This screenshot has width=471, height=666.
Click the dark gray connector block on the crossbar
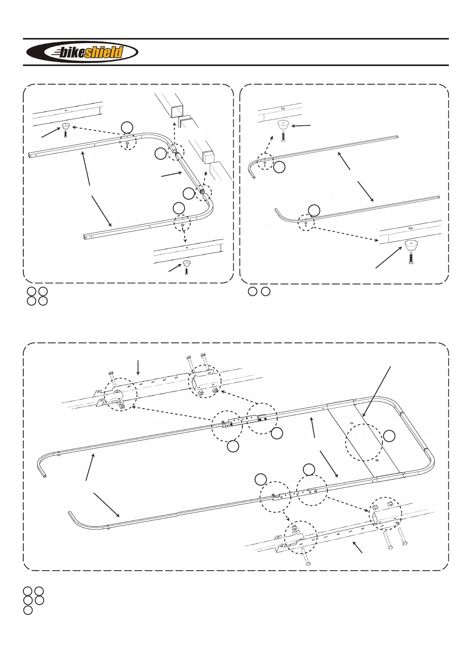[201, 192]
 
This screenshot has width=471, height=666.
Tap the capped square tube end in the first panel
[207, 157]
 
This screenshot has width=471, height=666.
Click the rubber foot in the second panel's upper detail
[283, 125]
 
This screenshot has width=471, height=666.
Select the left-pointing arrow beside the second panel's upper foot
[301, 126]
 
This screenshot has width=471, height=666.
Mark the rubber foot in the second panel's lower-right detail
[411, 246]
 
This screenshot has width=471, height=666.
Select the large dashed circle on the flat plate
[364, 442]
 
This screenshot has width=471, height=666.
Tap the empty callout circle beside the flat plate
[390, 436]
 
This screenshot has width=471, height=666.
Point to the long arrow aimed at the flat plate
[376, 392]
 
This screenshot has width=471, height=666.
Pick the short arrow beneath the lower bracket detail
[358, 547]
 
